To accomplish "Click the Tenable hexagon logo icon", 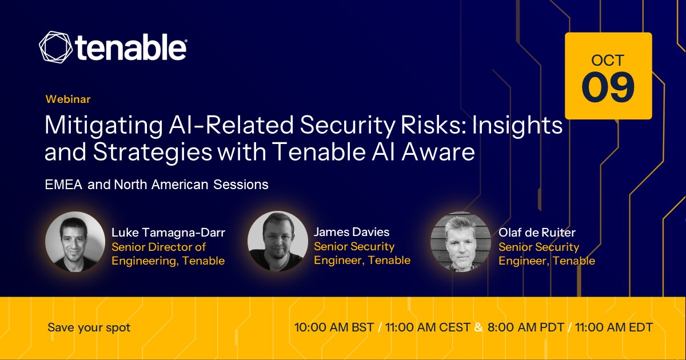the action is pyautogui.click(x=56, y=47).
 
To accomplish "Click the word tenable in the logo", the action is pyautogui.click(x=131, y=47).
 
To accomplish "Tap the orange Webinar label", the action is pyautogui.click(x=68, y=99).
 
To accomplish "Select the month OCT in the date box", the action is pyautogui.click(x=608, y=61).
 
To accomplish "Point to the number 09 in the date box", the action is pyautogui.click(x=608, y=87).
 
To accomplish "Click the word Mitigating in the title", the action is pyautogui.click(x=104, y=126).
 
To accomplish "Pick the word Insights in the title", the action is pyautogui.click(x=517, y=126).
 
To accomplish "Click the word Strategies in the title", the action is pyautogui.click(x=153, y=152).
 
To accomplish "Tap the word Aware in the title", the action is pyautogui.click(x=438, y=152).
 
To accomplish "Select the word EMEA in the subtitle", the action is pyautogui.click(x=63, y=185).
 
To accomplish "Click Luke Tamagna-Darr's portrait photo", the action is pyautogui.click(x=75, y=242).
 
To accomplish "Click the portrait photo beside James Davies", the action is pyautogui.click(x=278, y=241).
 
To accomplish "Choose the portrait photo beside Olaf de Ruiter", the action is pyautogui.click(x=461, y=242).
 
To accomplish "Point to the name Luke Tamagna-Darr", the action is pyautogui.click(x=169, y=233).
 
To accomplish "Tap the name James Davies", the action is pyautogui.click(x=352, y=232).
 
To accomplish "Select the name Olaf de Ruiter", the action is pyautogui.click(x=537, y=233).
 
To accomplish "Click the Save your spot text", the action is pyautogui.click(x=89, y=328).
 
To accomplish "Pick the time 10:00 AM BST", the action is pyautogui.click(x=334, y=327).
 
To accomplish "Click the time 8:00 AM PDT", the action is pyautogui.click(x=526, y=327).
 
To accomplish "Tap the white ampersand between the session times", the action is pyautogui.click(x=478, y=327).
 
